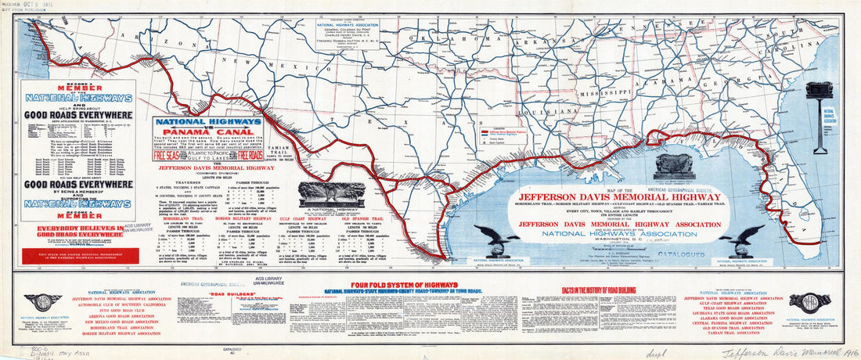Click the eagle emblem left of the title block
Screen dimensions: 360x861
click(495, 239)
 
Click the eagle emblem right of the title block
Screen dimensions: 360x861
click(741, 238)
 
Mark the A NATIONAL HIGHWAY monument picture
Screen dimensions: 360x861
click(332, 195)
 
